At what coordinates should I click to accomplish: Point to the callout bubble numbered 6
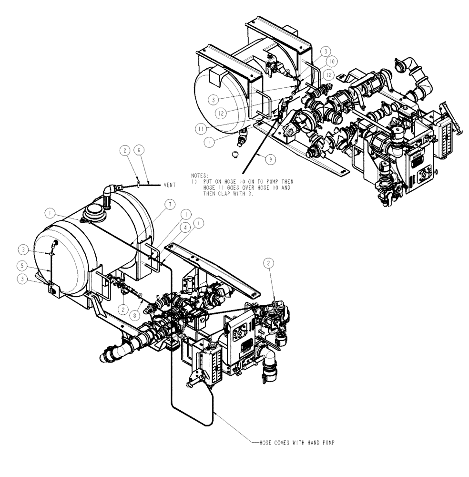tap(138, 150)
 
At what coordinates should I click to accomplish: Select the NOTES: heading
tap(200, 176)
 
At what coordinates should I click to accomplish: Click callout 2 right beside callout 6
tap(125, 150)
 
